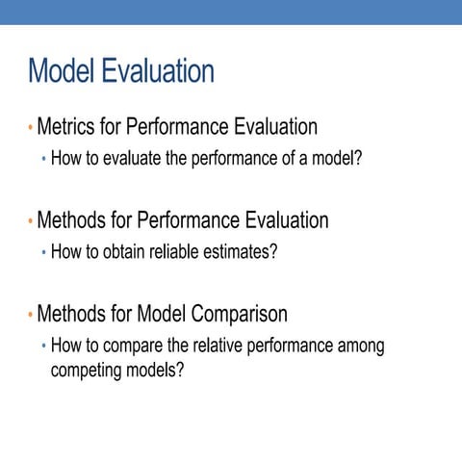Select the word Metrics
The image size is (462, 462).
pos(68,126)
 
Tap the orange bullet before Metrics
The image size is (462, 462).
pos(30,127)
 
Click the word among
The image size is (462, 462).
pos(361,346)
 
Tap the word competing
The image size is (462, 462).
pos(85,369)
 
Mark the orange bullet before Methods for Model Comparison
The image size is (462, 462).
pos(30,315)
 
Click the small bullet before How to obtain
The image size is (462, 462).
pos(43,253)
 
